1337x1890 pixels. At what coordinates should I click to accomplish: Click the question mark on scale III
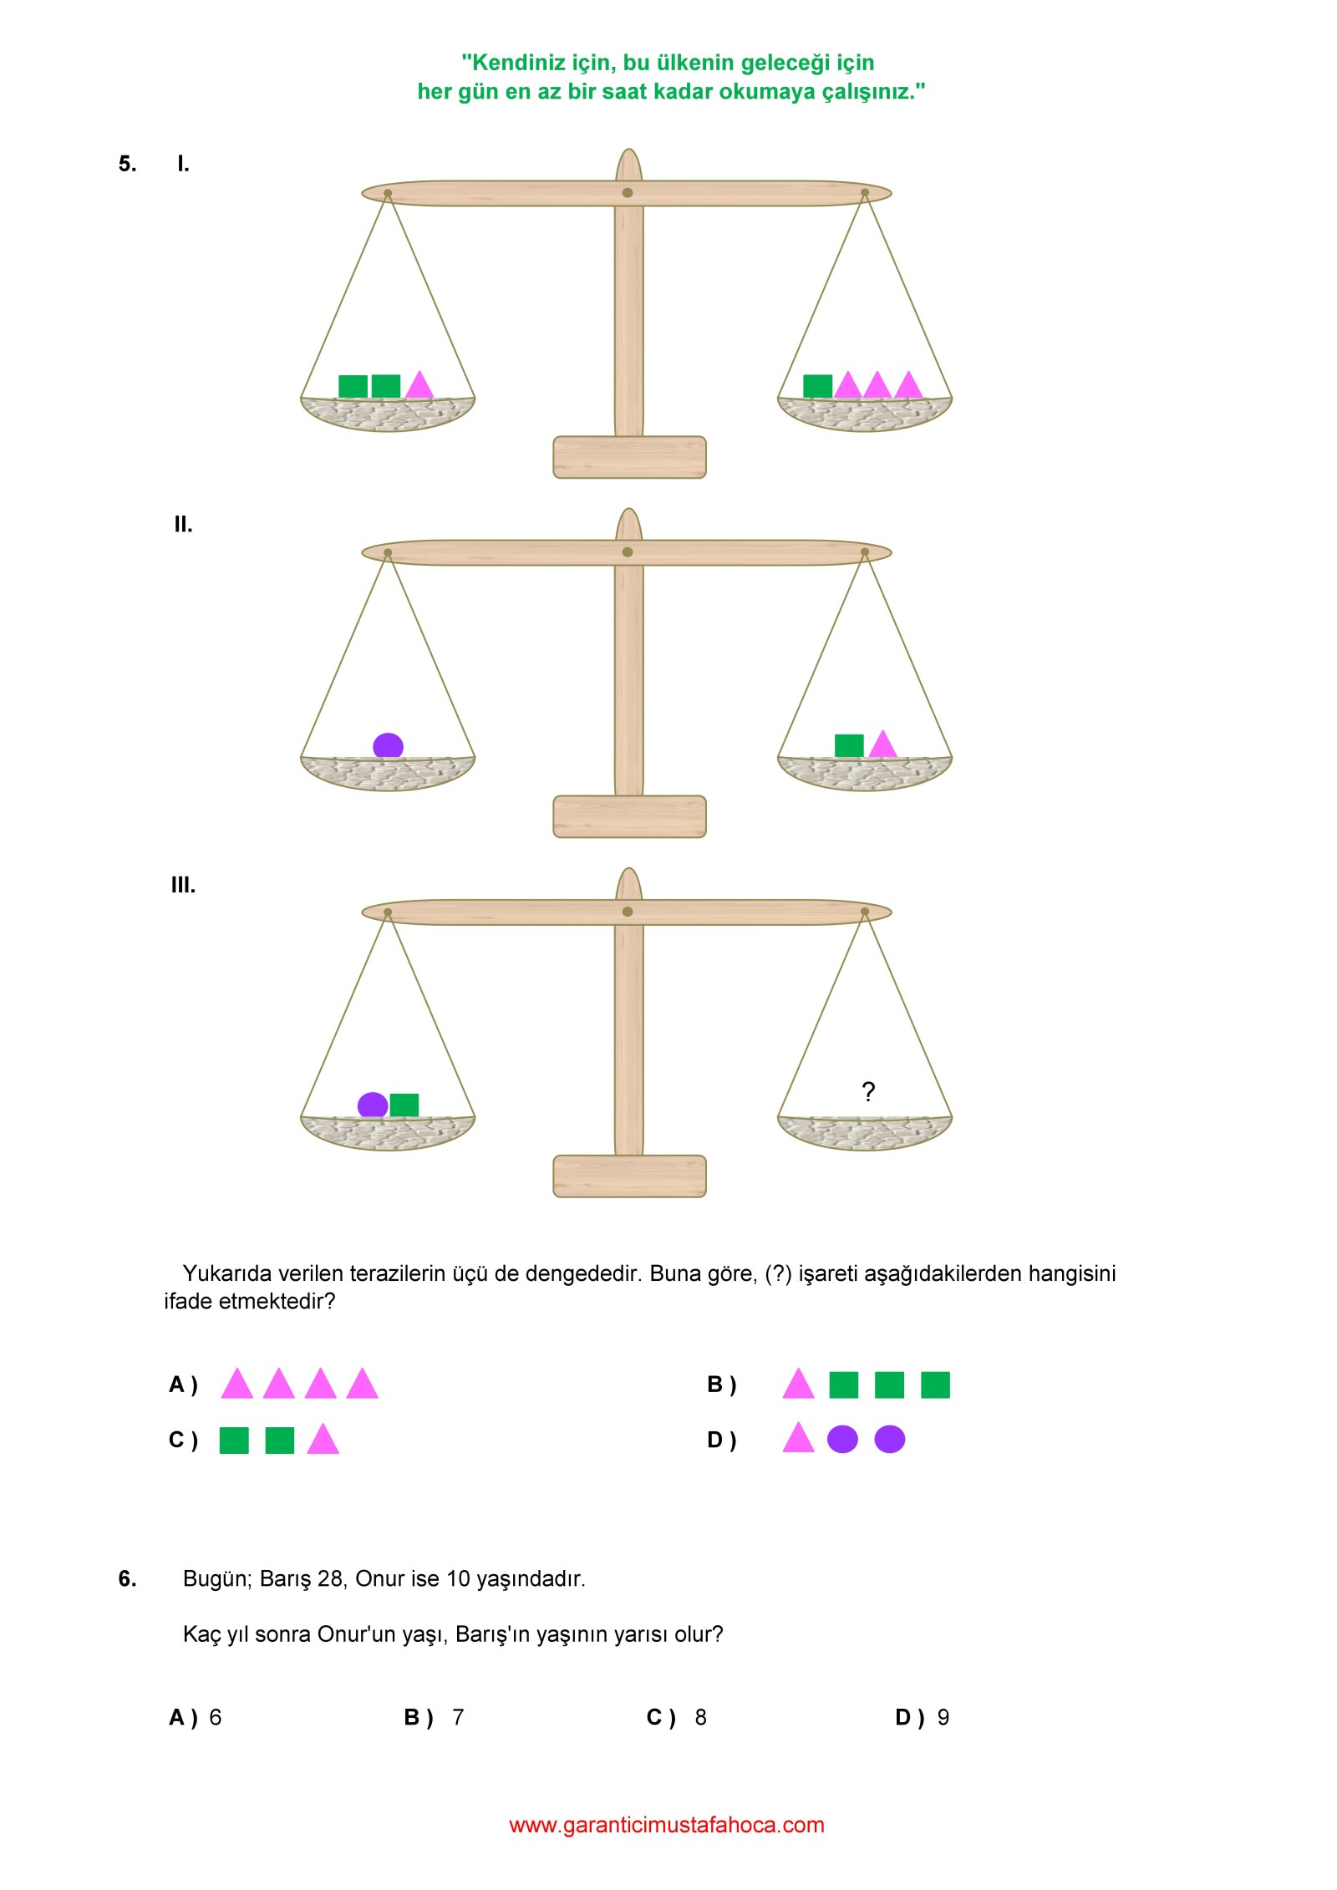(868, 1091)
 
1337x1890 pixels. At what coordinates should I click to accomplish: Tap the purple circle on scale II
(388, 745)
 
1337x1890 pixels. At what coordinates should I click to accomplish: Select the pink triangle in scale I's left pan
(419, 384)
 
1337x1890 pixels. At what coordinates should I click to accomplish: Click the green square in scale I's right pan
(817, 386)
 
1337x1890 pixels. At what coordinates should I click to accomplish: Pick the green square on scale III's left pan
(404, 1105)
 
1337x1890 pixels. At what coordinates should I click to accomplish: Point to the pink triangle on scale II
(882, 744)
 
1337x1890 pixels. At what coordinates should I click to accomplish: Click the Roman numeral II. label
(183, 525)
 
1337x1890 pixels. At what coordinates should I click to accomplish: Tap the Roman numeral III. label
(183, 885)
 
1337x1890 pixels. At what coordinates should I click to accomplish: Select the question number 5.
(127, 164)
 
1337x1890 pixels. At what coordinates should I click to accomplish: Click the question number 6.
(127, 1578)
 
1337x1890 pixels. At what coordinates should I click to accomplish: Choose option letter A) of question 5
(183, 1384)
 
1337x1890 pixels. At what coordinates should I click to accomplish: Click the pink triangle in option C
(323, 1439)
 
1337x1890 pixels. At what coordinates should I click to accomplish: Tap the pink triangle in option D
(798, 1437)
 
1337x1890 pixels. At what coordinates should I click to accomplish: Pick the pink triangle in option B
(798, 1383)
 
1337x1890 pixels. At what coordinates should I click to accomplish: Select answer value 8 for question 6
(700, 1717)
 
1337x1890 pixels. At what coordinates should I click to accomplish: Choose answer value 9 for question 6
(943, 1717)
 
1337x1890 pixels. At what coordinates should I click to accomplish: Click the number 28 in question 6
(330, 1578)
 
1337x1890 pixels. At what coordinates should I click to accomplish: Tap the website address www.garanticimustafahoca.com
(667, 1825)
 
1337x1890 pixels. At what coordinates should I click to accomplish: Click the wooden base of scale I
(629, 457)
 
